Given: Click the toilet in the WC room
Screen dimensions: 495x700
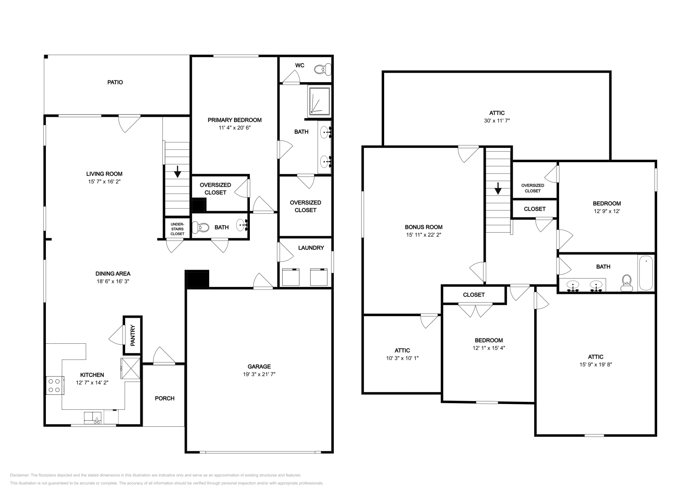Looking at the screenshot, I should click(x=324, y=69).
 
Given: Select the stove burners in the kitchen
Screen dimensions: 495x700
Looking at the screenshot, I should click(x=54, y=385).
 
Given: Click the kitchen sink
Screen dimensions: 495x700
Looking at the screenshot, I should click(x=93, y=418).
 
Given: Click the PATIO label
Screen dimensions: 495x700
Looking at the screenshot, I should click(x=115, y=82).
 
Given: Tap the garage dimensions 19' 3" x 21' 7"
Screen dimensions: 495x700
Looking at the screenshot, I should click(x=259, y=374).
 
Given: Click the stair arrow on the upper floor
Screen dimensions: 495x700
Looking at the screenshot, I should click(x=497, y=188).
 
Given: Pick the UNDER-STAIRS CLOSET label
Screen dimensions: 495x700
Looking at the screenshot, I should click(x=177, y=229).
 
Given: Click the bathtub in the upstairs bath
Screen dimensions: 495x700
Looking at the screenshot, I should click(x=646, y=274).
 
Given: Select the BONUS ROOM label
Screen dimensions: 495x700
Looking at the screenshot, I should click(x=423, y=227).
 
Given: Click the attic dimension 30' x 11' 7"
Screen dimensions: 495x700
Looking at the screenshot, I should click(x=496, y=120).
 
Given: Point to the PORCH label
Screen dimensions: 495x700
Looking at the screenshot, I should click(x=164, y=398).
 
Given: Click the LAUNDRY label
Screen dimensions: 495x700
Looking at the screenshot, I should click(x=311, y=248).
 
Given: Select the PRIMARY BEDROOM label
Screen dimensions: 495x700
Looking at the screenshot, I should click(x=234, y=120).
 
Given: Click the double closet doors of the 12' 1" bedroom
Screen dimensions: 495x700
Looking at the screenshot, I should click(x=476, y=310).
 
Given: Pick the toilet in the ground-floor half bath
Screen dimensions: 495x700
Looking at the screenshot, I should click(x=202, y=227).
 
